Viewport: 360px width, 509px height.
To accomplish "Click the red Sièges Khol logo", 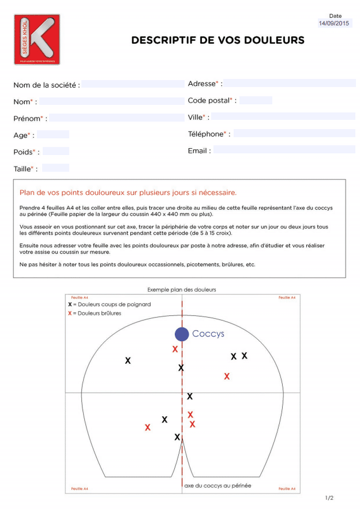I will [37, 39].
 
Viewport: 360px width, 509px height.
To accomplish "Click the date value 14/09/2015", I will [335, 24].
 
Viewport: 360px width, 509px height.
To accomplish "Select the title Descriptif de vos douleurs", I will [217, 40].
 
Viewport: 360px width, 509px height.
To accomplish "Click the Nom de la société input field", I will [133, 84].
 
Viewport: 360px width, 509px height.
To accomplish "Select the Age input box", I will [53, 134].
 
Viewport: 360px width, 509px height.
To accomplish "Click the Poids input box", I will [56, 151].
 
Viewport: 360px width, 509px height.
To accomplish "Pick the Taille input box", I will [55, 168].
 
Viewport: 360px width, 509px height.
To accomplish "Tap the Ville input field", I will [283, 117].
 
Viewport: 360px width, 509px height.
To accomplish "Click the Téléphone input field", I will [294, 134].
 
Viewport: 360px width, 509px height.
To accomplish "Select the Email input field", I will [284, 150].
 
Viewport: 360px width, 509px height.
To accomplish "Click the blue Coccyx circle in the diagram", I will [182, 334].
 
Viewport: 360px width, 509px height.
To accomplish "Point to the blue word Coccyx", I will [208, 334].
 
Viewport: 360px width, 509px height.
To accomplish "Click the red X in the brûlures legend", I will [70, 313].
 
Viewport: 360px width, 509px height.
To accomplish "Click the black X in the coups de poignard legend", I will [70, 303].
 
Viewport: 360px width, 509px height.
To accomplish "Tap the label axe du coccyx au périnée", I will [217, 486].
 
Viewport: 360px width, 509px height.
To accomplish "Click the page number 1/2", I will [329, 497].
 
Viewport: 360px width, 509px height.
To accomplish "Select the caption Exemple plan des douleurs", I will [182, 289].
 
